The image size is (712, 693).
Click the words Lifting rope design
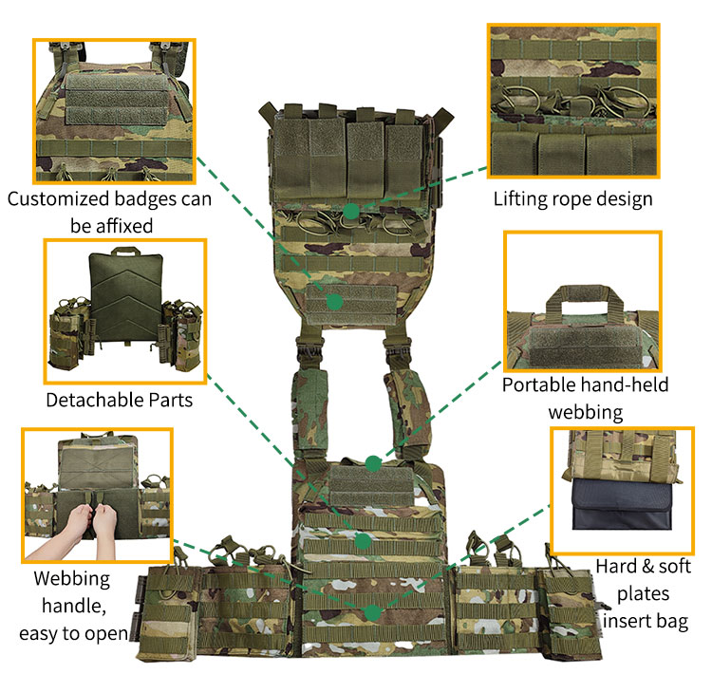(x=572, y=198)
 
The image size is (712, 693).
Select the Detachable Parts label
(x=120, y=400)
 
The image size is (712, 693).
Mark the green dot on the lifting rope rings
(x=351, y=210)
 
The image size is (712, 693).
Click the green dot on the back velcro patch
(x=333, y=301)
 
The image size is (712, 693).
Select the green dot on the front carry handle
(x=373, y=463)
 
